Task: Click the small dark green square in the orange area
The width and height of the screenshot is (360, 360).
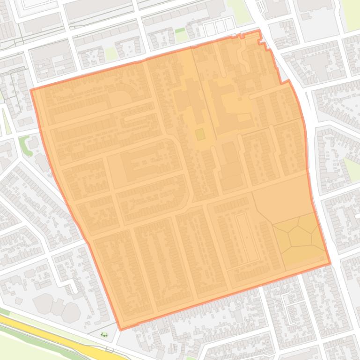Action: coord(200,135)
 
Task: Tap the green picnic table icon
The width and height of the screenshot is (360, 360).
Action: coord(104,334)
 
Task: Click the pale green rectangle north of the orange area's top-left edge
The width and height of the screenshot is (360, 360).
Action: coord(110,54)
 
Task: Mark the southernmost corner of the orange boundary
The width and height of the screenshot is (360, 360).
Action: coord(120,330)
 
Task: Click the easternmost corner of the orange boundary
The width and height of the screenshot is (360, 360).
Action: coord(331,263)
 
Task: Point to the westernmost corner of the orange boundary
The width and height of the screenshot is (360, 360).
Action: coord(31,90)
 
